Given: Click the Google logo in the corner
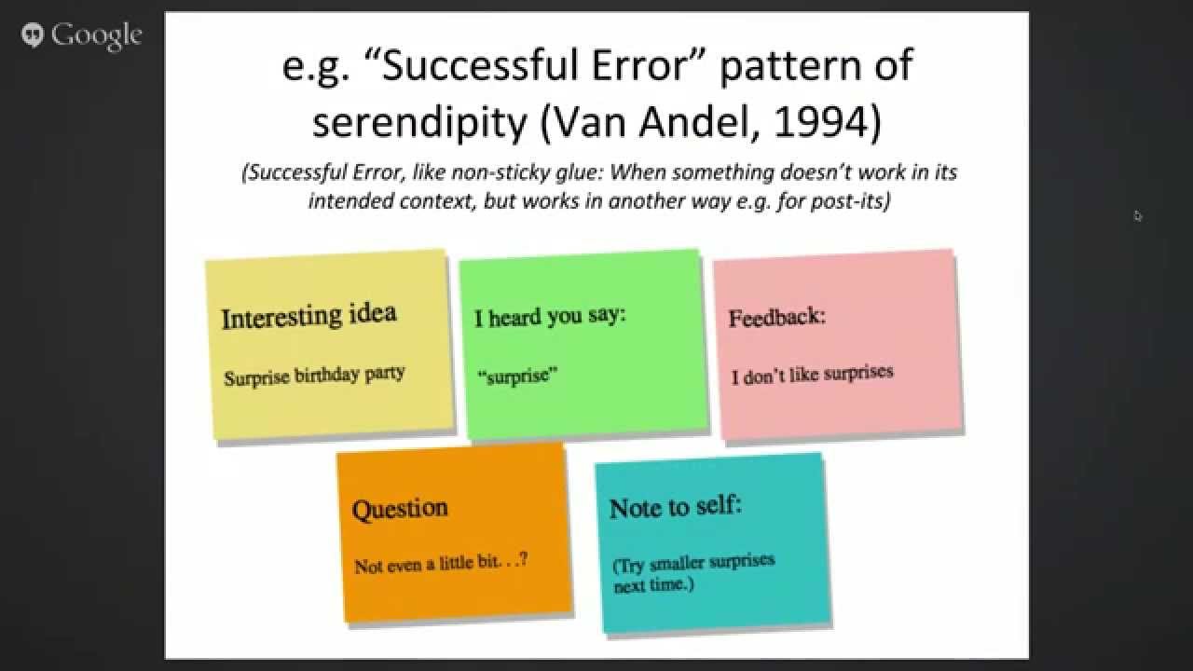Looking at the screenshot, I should point(82,35).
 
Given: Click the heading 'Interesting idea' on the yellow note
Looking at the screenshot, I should point(309,315).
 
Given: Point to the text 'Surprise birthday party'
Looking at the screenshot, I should point(314,376).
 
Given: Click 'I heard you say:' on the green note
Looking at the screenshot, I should point(550,316).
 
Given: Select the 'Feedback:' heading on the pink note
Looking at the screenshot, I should point(776,316).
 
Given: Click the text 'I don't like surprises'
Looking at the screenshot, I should point(812,375).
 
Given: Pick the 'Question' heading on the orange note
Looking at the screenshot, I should point(400,509).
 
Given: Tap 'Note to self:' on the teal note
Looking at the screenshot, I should point(676,507).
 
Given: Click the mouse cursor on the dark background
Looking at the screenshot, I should point(1138,216).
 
